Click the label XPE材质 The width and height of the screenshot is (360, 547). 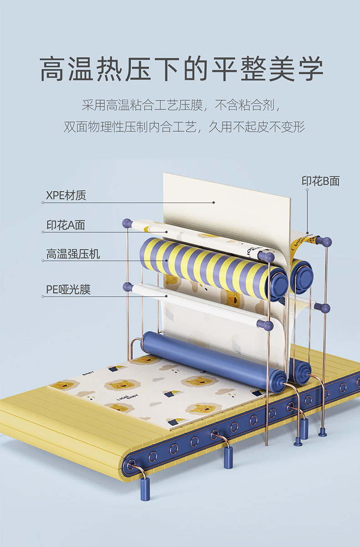pyautogui.click(x=66, y=196)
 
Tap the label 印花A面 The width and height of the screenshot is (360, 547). pyautogui.click(x=66, y=225)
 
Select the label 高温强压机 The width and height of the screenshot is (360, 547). pyautogui.click(x=73, y=254)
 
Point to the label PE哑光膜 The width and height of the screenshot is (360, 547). pyautogui.click(x=68, y=289)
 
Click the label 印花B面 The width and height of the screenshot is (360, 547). pyautogui.click(x=320, y=181)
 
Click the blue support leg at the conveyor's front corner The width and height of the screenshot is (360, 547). pyautogui.click(x=144, y=488)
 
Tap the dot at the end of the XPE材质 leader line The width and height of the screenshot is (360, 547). pyautogui.click(x=213, y=202)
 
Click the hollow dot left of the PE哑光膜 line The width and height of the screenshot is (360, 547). pyautogui.click(x=43, y=296)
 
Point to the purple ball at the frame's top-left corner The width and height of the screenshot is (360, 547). pyautogui.click(x=127, y=223)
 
